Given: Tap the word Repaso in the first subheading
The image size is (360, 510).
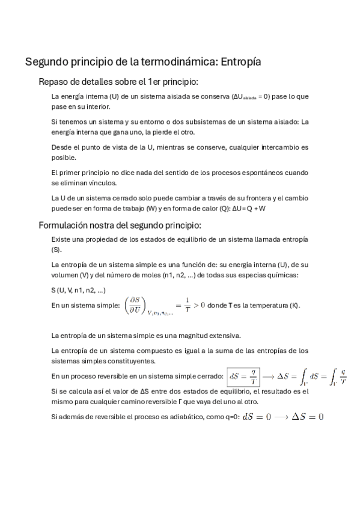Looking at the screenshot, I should tap(55, 82).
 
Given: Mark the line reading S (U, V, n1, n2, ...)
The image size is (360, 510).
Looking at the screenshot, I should tap(79, 290).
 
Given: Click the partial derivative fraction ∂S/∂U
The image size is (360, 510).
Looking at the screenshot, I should tap(134, 305).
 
